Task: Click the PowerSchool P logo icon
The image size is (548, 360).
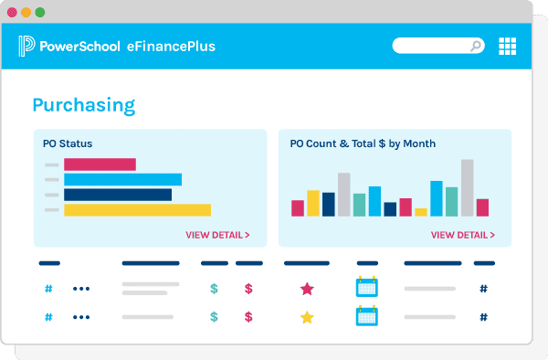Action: [x=26, y=46]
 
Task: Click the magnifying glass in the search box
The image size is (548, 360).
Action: [x=476, y=46]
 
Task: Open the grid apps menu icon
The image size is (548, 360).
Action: [x=508, y=46]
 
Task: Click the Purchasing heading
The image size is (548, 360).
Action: [x=84, y=105]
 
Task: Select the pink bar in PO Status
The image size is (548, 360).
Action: [x=100, y=164]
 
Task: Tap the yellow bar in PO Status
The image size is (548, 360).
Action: [x=137, y=210]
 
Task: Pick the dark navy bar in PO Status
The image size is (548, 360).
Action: [x=118, y=195]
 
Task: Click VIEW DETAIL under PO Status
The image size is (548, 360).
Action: [x=217, y=235]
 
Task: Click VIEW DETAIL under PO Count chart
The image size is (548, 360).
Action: [x=462, y=235]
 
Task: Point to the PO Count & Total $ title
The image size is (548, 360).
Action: [x=363, y=143]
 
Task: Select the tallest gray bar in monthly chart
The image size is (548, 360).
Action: [x=467, y=187]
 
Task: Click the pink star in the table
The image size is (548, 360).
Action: [x=307, y=289]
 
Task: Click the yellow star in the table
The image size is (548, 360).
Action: [x=307, y=317]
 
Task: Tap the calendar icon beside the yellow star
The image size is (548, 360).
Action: [x=366, y=316]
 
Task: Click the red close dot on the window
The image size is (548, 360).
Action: [x=13, y=13]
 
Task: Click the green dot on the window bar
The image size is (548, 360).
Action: [x=39, y=13]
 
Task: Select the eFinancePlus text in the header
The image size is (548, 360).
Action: [x=171, y=46]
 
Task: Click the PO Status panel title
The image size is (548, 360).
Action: [x=68, y=143]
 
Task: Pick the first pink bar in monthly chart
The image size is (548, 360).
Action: [x=298, y=208]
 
